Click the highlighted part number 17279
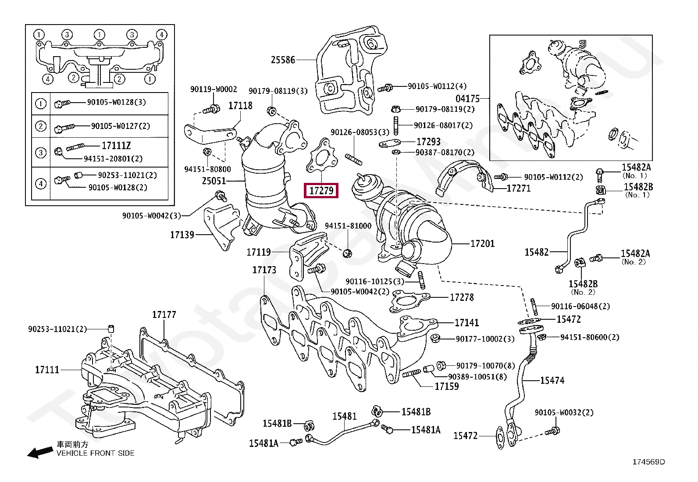point(321,190)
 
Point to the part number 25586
point(283,60)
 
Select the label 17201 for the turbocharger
point(482,243)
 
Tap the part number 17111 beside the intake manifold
point(47,369)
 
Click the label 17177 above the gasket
point(164,314)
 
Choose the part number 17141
point(467,322)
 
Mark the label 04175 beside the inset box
point(467,99)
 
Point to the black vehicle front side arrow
point(40,452)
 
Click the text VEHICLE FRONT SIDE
point(95,453)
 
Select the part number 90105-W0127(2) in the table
point(120,126)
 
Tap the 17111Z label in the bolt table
point(116,146)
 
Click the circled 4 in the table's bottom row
point(41,183)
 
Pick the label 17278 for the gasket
point(462,297)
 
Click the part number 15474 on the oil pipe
point(552,380)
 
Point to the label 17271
point(519,188)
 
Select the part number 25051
point(214,181)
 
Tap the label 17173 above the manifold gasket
point(264,270)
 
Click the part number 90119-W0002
point(214,89)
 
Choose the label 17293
point(428,142)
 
